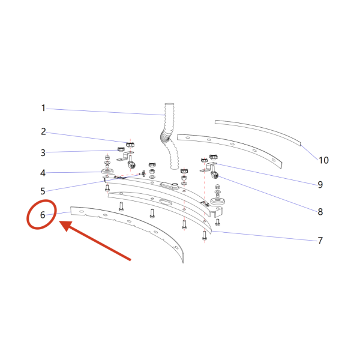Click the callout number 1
43,108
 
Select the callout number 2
43,131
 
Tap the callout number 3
43,152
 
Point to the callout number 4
43,173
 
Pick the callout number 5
43,191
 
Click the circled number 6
43,215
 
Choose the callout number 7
320,241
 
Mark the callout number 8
320,212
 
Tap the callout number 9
320,184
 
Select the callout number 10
324,160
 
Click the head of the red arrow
66,226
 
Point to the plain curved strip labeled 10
258,132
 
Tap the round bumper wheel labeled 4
107,172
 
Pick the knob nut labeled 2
130,145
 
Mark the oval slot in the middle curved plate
166,202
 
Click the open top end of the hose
169,104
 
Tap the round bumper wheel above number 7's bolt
217,202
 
